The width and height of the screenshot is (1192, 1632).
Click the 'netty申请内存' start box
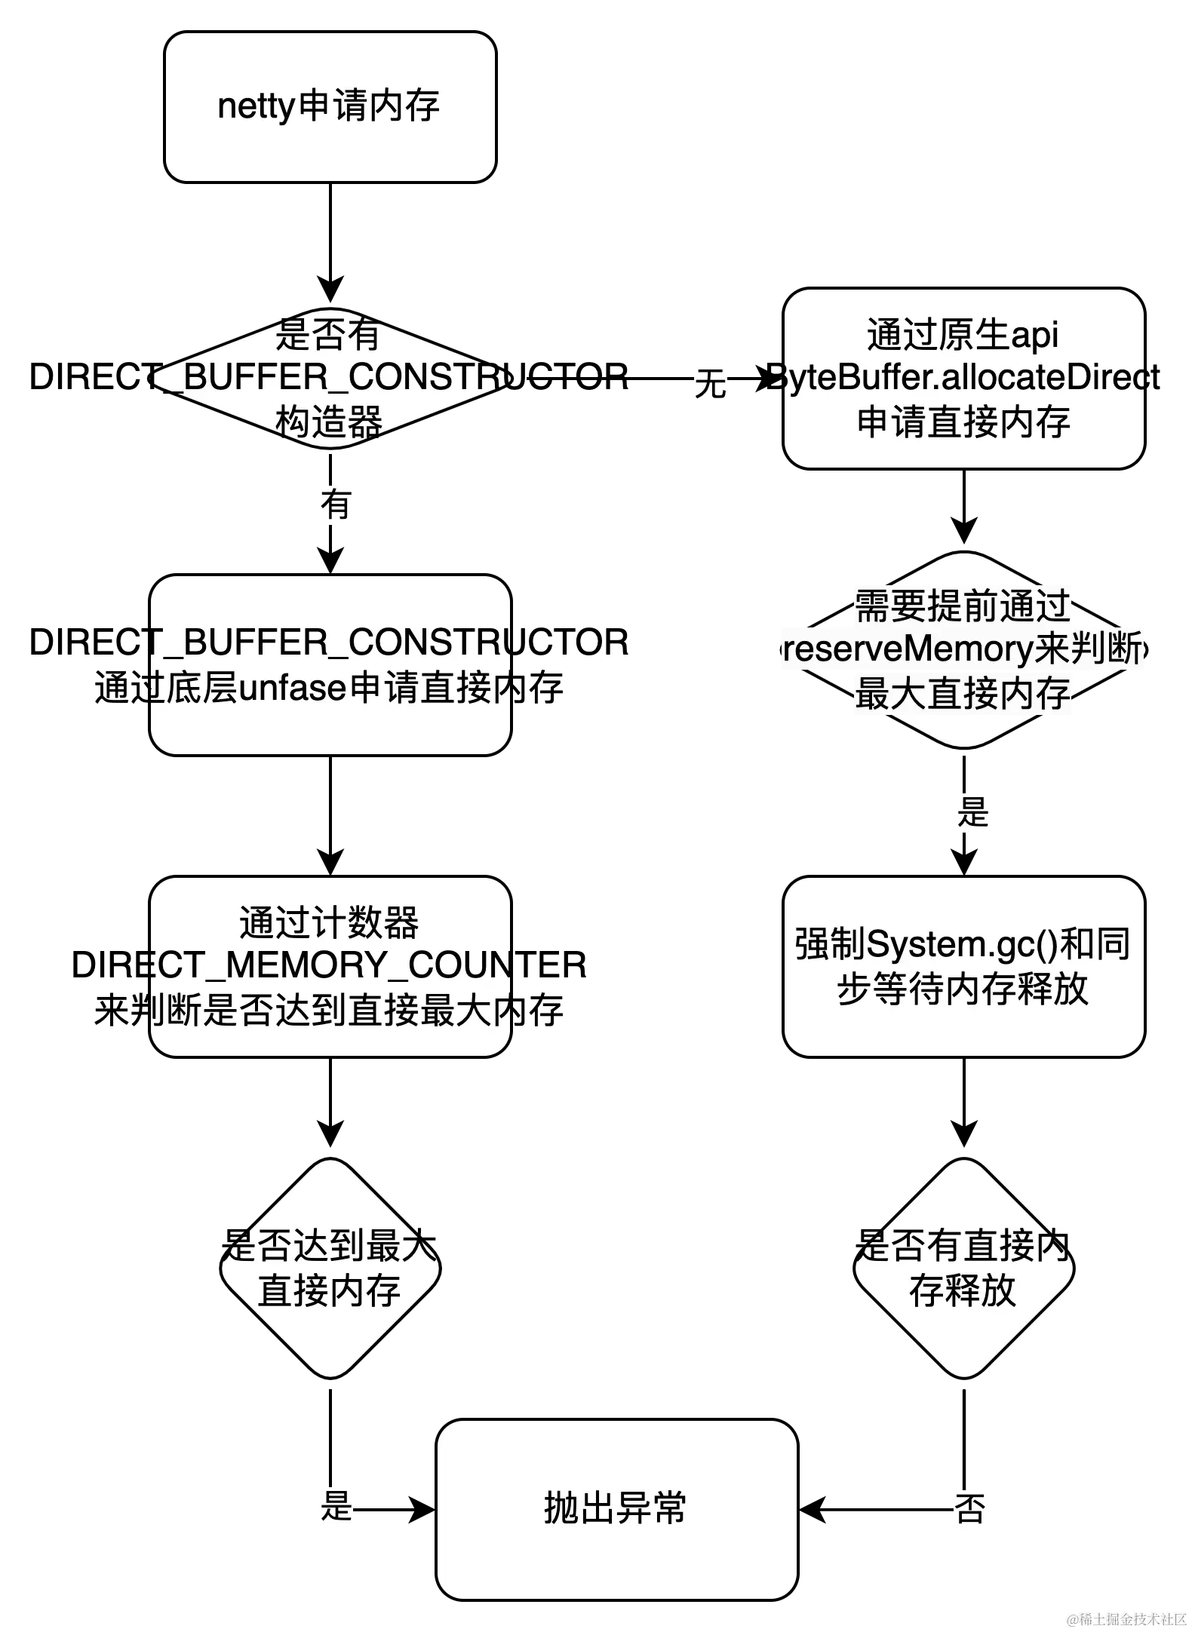coord(330,106)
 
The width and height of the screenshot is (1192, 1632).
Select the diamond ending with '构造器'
coord(330,378)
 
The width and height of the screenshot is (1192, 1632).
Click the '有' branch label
coord(336,503)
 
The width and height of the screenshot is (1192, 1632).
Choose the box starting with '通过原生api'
coord(963,378)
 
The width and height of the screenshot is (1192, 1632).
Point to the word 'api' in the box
coord(1034,335)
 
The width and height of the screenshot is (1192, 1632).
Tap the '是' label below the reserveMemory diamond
coord(971,811)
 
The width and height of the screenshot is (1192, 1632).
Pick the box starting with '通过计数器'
coord(330,966)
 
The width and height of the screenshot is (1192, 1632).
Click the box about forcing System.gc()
coord(963,966)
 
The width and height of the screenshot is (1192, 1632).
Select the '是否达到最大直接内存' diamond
coord(330,1268)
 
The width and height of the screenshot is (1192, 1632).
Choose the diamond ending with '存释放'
coord(963,1268)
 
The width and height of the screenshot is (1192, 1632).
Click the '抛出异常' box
coord(616,1509)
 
